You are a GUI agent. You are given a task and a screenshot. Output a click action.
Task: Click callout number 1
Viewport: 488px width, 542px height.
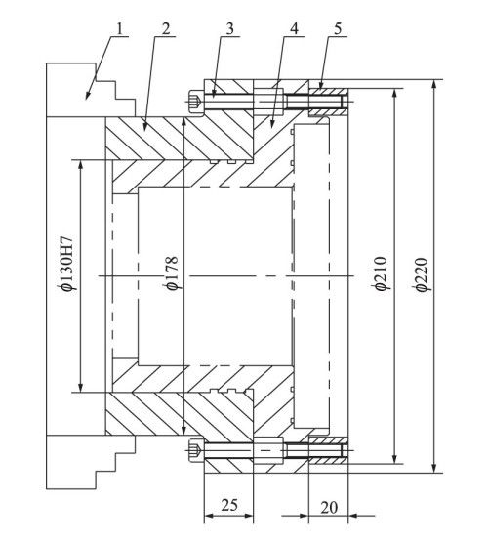(119, 29)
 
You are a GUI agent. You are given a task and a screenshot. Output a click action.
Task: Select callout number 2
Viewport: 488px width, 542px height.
(166, 29)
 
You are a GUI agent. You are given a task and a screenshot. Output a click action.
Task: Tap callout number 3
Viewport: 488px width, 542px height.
(230, 29)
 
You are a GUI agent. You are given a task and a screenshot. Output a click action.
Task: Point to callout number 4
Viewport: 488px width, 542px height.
(294, 29)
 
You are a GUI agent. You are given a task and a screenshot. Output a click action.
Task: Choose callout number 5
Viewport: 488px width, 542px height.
(338, 29)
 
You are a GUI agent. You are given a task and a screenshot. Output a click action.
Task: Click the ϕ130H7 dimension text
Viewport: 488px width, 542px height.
(66, 264)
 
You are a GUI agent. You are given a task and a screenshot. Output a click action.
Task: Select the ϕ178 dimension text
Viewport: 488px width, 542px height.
(172, 272)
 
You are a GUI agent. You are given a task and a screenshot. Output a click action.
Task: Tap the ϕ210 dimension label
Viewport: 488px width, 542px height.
(383, 273)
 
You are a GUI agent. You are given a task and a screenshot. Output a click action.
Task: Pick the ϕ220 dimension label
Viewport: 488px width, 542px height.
(423, 274)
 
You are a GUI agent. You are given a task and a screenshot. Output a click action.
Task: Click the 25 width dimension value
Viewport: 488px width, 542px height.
(229, 505)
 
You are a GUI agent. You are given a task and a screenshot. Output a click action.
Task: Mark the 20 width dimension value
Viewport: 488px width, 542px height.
(329, 508)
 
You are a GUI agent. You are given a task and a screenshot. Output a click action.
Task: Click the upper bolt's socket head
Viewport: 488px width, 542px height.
(196, 101)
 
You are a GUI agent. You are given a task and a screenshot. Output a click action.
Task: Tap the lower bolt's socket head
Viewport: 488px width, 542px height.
(196, 451)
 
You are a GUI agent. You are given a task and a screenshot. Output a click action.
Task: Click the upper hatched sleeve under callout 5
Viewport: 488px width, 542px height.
(328, 103)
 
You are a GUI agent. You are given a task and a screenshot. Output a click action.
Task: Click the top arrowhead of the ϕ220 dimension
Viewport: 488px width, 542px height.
(434, 84)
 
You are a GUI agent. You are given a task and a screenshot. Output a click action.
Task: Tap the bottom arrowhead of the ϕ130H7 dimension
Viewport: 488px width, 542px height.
(80, 387)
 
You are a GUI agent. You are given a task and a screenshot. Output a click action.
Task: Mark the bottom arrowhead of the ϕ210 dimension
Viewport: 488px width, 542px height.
(394, 458)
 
